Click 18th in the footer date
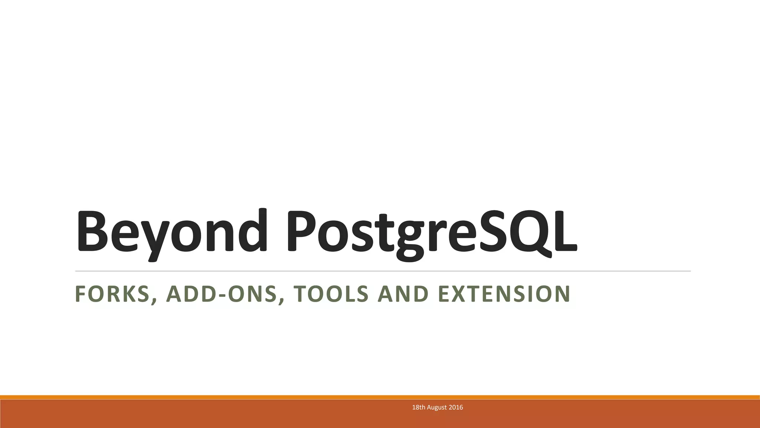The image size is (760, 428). pyautogui.click(x=419, y=407)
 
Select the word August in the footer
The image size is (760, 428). pyautogui.click(x=437, y=407)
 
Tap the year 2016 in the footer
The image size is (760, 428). pyautogui.click(x=456, y=407)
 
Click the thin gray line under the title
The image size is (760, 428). pyautogui.click(x=382, y=271)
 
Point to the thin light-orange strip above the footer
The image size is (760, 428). pyautogui.click(x=380, y=397)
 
